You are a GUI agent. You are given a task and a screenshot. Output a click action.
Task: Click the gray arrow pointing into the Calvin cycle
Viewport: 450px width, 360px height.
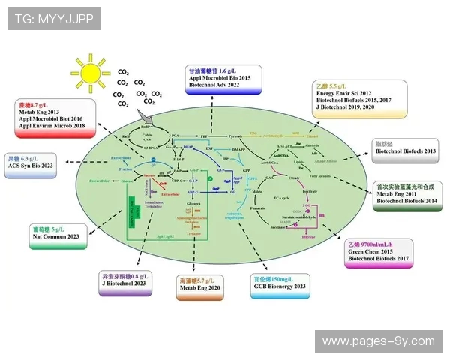pyautogui.click(x=147, y=115)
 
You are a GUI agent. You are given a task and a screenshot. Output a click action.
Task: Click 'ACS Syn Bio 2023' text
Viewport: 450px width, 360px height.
pyautogui.click(x=36, y=166)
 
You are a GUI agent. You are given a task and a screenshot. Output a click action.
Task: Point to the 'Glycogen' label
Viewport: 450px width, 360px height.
pyautogui.click(x=194, y=203)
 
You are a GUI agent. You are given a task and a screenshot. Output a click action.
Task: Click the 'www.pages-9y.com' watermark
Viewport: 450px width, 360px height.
pyautogui.click(x=378, y=341)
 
